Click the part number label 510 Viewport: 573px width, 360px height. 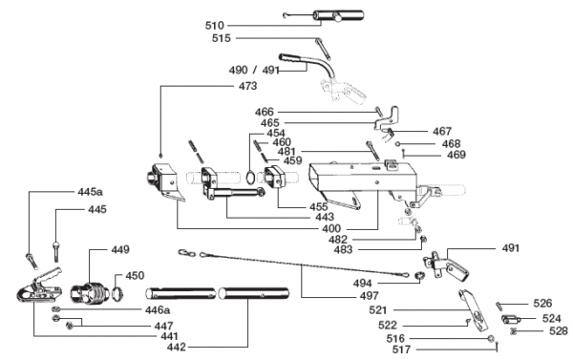point(215,26)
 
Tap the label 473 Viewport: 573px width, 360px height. point(247,86)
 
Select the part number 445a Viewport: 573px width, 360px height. point(91,192)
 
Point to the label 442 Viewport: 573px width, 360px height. point(176,347)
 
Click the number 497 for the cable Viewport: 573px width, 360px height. point(369,296)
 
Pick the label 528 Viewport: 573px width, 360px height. point(559,330)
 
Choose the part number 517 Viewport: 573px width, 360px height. point(401,349)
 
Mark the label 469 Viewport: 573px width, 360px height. point(456,155)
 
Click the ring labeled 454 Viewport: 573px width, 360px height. point(250,178)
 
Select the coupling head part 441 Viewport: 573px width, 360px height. point(39,286)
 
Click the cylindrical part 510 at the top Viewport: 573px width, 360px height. point(337,15)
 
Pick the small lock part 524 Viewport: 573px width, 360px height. point(511,320)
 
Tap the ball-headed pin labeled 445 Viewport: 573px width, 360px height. point(55,251)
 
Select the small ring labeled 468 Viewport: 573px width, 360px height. point(397,143)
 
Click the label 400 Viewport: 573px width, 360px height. point(331,229)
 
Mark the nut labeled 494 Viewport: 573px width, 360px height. point(419,276)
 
